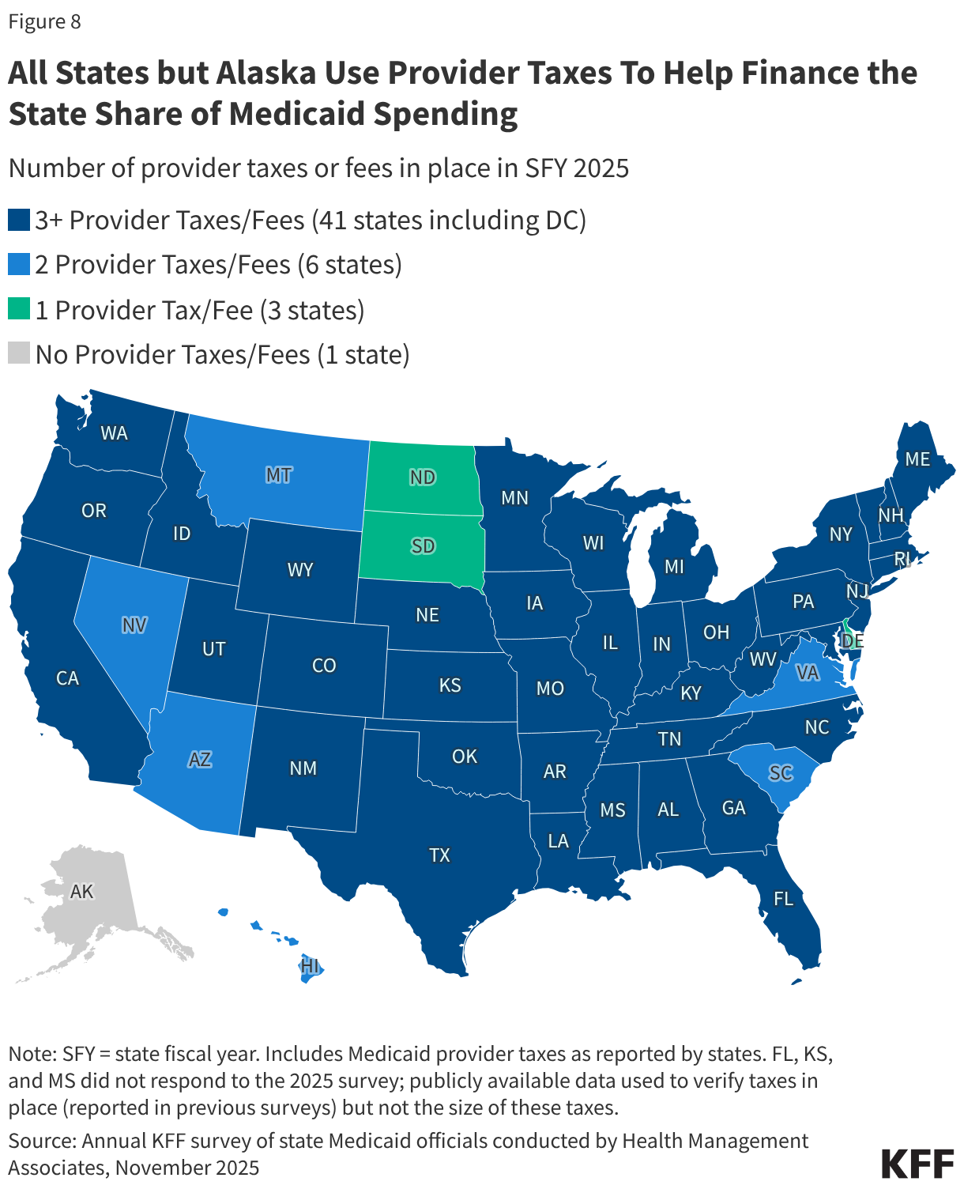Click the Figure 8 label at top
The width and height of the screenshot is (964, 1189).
pos(44,21)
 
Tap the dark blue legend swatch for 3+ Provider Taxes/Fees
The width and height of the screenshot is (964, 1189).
pos(19,220)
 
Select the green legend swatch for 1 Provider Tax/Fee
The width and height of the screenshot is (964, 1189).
pos(19,309)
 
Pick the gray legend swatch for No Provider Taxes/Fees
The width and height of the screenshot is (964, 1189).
pos(19,353)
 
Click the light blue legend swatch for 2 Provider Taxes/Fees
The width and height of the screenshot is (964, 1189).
pos(19,264)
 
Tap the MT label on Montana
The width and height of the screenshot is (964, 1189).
pos(278,475)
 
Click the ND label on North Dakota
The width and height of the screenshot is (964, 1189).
pos(423,477)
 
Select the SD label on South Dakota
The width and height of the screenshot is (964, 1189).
pos(423,546)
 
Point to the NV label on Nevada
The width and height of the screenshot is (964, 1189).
pos(134,625)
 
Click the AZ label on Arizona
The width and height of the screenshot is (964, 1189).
pos(200,760)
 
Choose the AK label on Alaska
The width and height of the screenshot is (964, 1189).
pos(81,892)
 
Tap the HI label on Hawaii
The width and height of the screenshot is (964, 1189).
pos(310,966)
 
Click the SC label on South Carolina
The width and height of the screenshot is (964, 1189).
pos(781,772)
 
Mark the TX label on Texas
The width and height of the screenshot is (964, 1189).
pos(439,855)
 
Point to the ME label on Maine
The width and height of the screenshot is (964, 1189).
pos(917,459)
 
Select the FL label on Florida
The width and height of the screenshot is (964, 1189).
pos(783,898)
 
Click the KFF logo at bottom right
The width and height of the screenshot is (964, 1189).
pos(917,1163)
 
